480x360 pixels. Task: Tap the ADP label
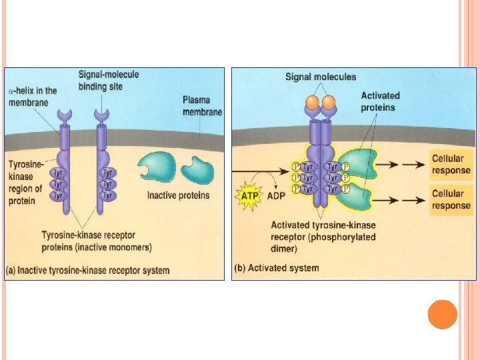[x=276, y=197]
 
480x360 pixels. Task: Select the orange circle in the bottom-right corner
[x=442, y=314]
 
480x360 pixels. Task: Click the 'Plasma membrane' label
[x=201, y=106]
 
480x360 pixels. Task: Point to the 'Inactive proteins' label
[x=178, y=195]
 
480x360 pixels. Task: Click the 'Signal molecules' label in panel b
[x=321, y=77]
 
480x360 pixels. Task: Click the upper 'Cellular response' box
[x=451, y=164]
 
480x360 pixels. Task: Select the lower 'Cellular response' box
[x=451, y=199]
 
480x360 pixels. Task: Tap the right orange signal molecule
[x=327, y=103]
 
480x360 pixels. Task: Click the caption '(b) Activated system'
[x=277, y=268]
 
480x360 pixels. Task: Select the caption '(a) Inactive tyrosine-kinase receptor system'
[x=88, y=270]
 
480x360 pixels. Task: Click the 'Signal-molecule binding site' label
[x=109, y=80]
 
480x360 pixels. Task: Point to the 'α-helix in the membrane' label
[x=33, y=96]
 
